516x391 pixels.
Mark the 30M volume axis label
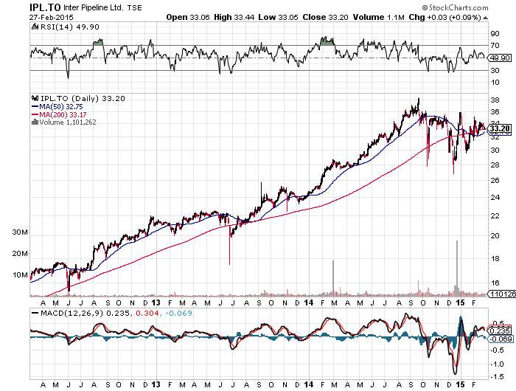[x=19, y=232]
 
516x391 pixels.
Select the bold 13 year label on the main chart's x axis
[x=156, y=302]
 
